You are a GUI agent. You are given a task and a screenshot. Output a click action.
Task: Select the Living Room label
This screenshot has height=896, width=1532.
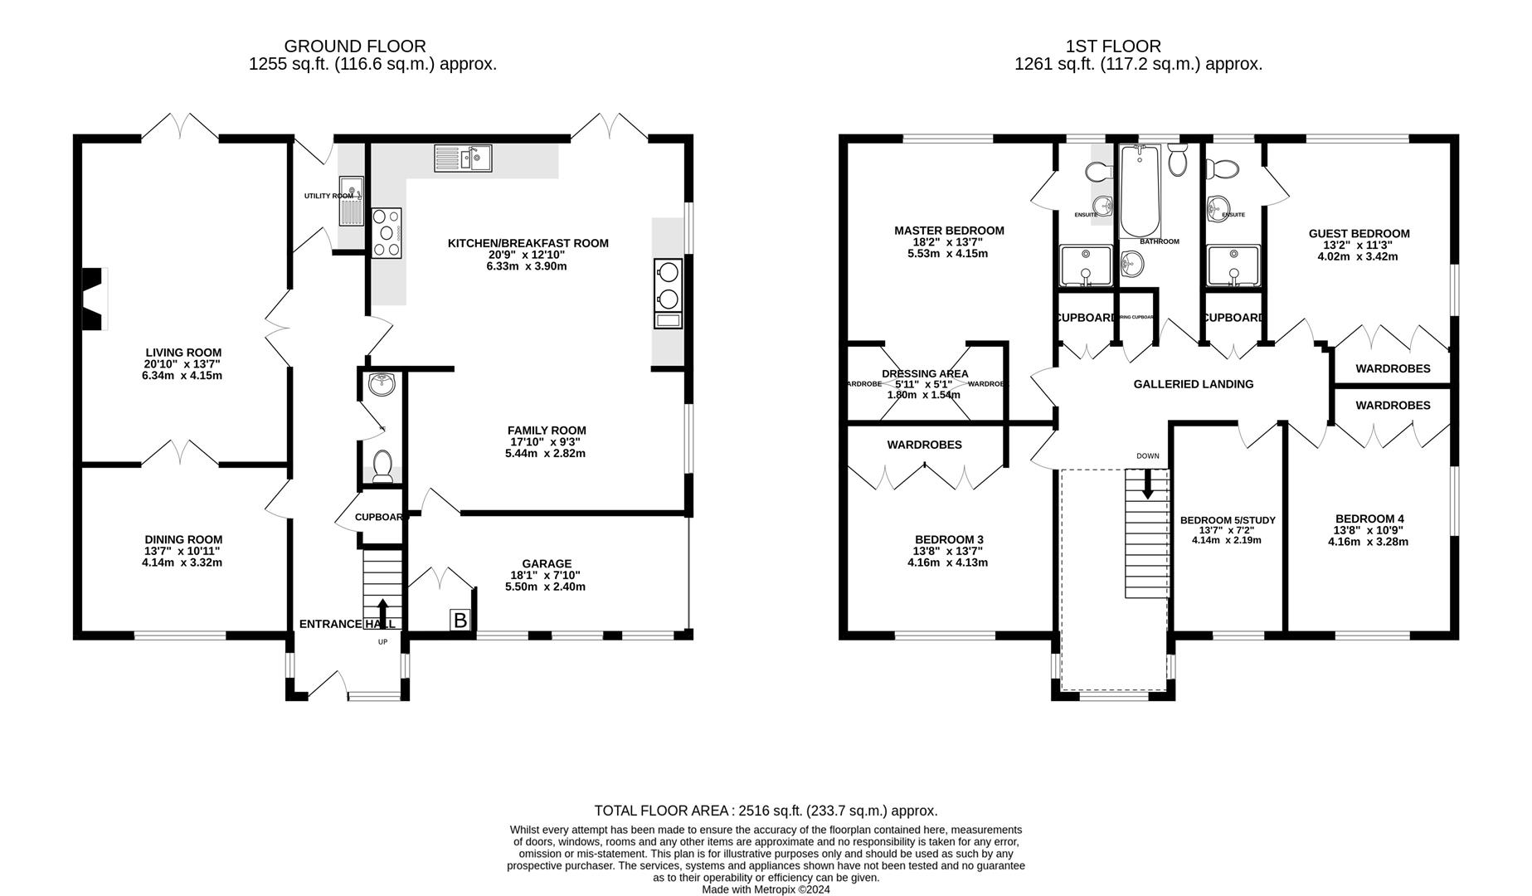[183, 353]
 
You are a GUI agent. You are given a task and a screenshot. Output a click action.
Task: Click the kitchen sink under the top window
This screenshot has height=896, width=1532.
[463, 158]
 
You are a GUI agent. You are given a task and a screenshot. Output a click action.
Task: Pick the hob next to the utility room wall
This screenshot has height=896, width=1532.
[387, 232]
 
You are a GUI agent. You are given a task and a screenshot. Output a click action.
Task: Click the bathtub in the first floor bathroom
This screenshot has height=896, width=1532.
[1140, 192]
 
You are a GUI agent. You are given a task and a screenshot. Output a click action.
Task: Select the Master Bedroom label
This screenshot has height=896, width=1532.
[948, 231]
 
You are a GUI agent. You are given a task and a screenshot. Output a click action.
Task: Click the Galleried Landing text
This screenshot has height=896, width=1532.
[1193, 384]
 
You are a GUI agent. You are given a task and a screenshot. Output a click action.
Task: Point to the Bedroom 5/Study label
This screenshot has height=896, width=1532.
[1227, 520]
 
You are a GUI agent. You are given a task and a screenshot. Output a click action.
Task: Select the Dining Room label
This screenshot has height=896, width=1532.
[183, 539]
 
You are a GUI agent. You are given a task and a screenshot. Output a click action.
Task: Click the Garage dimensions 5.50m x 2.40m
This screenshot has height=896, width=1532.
[545, 587]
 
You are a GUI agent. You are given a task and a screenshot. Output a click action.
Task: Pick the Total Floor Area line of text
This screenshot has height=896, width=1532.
[765, 811]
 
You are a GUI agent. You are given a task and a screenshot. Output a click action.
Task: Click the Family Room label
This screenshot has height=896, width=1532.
[547, 430]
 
